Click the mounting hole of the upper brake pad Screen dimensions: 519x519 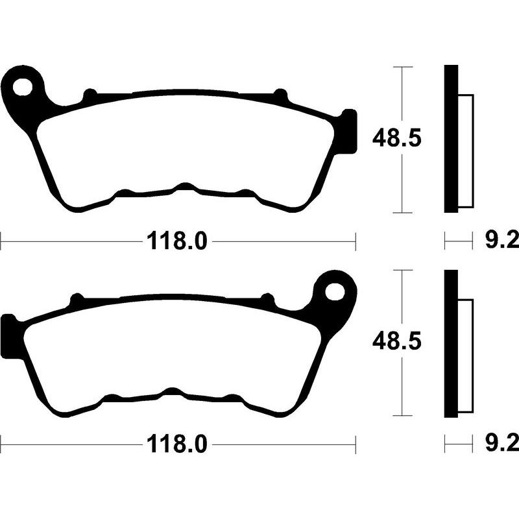24,86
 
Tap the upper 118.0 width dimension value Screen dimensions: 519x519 177,242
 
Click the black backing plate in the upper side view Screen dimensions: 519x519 451,139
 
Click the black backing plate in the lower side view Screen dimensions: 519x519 451,343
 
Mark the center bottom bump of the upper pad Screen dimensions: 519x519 186,188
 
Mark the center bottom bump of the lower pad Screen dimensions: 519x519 173,392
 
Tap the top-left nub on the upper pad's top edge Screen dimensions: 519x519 90,97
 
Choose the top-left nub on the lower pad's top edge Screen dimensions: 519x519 76,300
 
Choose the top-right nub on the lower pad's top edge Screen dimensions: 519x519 266,299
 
